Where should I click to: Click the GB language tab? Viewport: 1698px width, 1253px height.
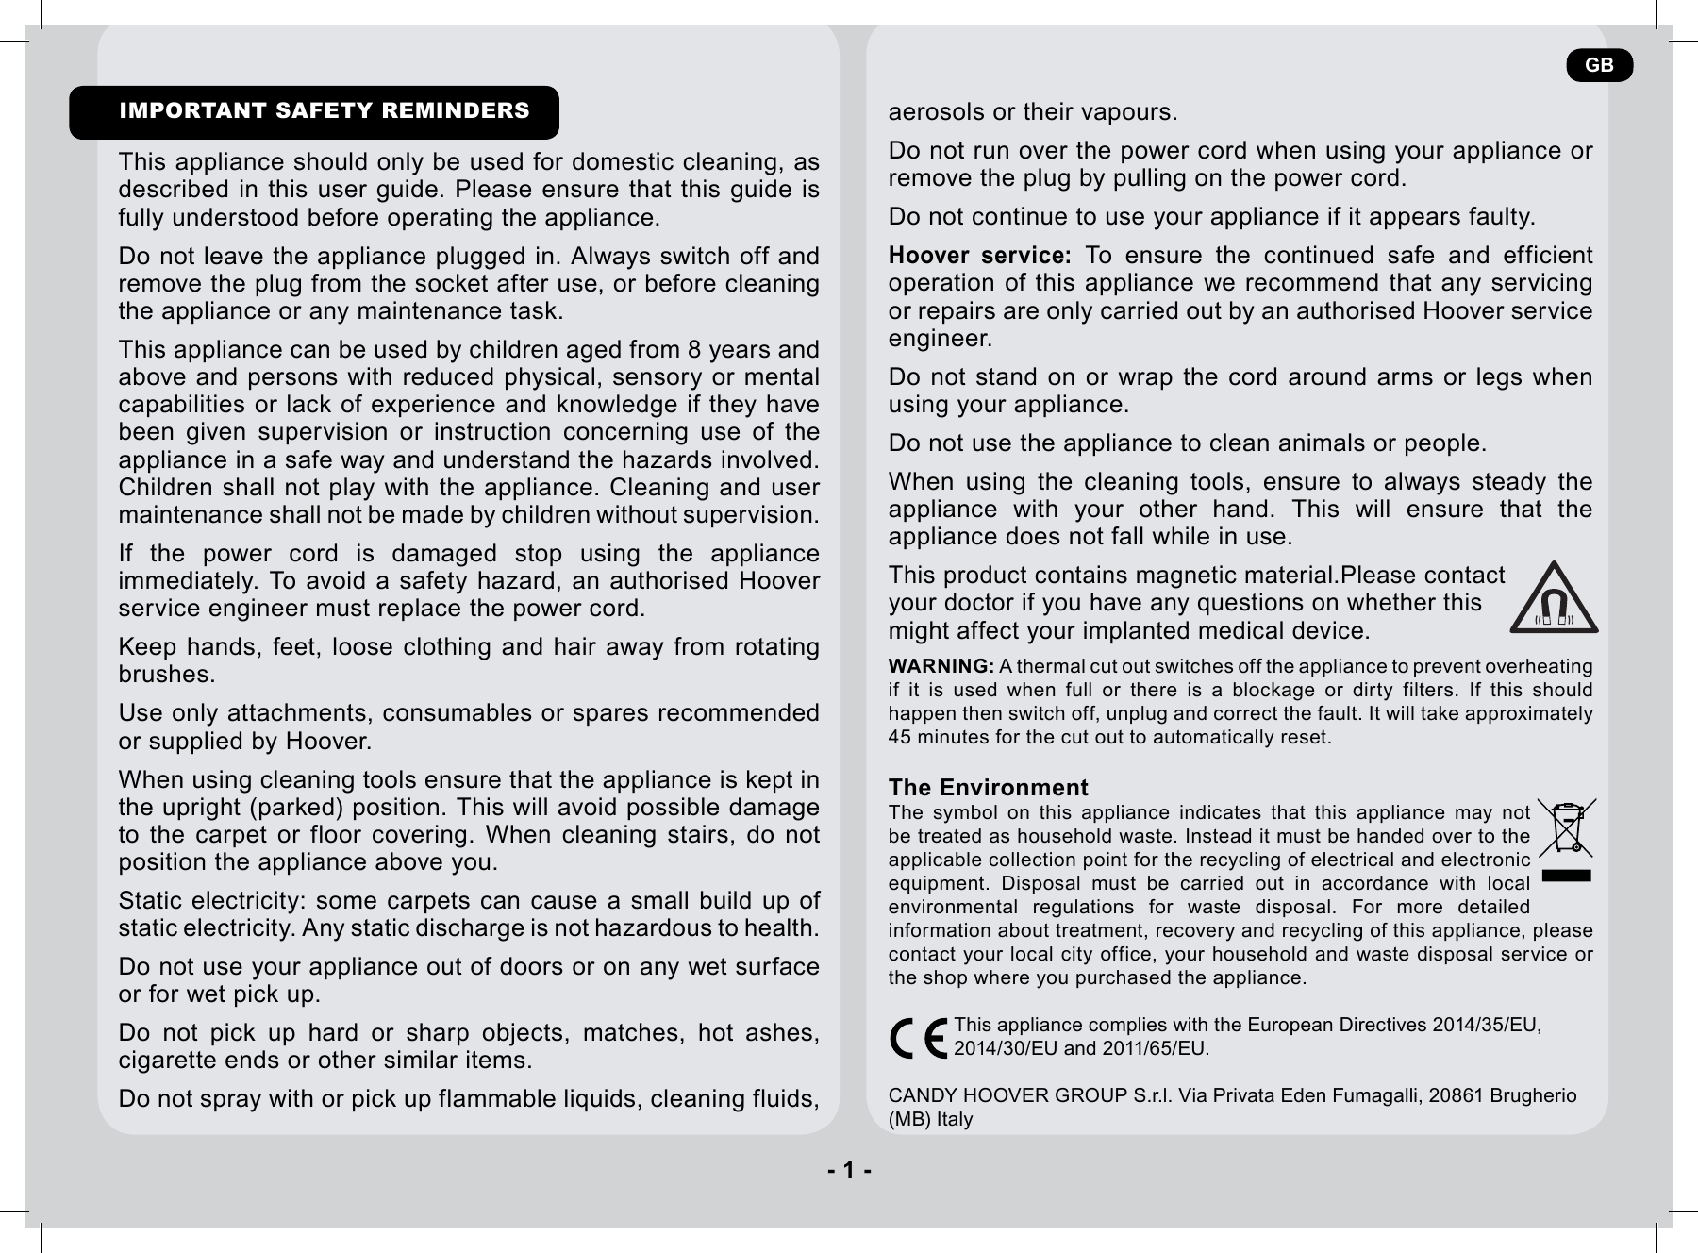[x=1599, y=65]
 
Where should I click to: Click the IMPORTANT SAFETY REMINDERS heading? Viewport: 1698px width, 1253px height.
[x=324, y=111]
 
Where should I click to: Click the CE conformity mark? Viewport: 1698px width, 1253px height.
[x=919, y=1038]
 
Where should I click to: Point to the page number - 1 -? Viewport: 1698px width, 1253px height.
[x=849, y=1171]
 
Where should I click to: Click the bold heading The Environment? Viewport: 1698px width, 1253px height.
[x=988, y=788]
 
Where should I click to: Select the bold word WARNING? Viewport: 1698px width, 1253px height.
[x=941, y=667]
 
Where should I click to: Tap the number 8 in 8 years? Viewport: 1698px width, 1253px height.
[x=694, y=350]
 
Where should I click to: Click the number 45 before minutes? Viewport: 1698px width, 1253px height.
[x=901, y=737]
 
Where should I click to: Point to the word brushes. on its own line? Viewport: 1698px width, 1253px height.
[x=166, y=676]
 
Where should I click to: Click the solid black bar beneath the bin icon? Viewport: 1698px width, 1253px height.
[x=1565, y=876]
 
